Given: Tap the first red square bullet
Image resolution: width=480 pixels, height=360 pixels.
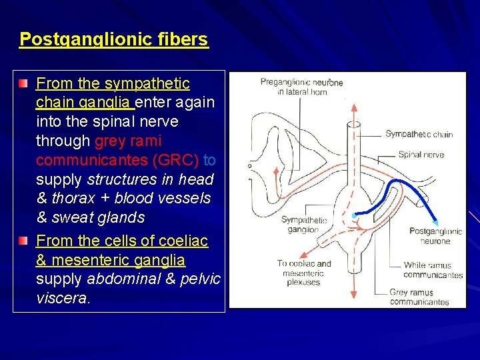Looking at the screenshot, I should [x=25, y=84].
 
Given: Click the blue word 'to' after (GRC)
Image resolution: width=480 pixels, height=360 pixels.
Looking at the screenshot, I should [x=209, y=161].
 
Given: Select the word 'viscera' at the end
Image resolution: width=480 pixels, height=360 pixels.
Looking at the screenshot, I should [x=61, y=298].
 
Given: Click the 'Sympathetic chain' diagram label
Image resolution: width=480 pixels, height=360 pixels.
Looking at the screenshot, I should [x=419, y=134].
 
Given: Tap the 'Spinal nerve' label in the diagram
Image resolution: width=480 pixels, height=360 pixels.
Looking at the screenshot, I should [x=421, y=155].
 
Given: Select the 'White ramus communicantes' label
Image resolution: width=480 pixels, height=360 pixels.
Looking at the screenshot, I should [x=433, y=270].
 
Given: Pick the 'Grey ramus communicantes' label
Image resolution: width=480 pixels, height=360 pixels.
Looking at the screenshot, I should [x=419, y=297].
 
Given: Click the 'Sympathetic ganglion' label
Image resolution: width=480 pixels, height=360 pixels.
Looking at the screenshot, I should [x=303, y=225].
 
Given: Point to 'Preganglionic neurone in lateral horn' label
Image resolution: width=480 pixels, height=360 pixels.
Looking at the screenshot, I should [x=301, y=87].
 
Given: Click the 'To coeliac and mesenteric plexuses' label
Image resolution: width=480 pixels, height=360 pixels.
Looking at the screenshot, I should [x=303, y=273].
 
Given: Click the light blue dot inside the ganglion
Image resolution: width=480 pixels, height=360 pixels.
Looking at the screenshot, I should [x=353, y=216].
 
